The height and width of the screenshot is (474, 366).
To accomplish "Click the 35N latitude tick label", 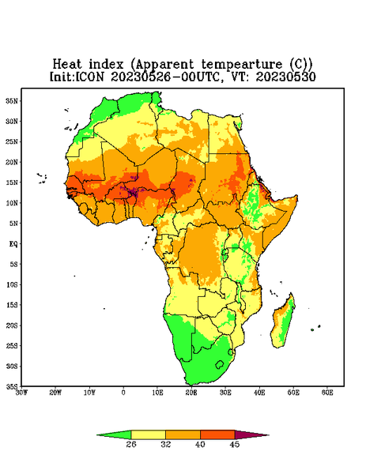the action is [x=12, y=101].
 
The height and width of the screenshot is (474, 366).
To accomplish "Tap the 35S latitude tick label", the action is [x=12, y=386].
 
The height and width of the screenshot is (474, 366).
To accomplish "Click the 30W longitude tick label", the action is [x=21, y=393].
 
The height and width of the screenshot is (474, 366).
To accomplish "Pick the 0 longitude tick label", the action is [x=123, y=393].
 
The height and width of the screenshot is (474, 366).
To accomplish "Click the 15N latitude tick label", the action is [x=12, y=182].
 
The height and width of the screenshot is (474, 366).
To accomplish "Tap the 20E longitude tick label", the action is [x=191, y=393].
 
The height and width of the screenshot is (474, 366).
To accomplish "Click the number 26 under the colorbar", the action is [x=131, y=444].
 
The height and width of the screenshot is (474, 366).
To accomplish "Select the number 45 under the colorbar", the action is [x=235, y=444].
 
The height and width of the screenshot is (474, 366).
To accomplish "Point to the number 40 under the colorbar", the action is [x=200, y=444].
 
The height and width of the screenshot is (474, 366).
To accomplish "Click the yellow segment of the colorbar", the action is [x=148, y=434].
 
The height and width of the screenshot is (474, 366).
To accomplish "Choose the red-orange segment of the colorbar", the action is [x=217, y=434].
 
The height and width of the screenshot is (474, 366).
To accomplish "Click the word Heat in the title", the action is [x=67, y=65].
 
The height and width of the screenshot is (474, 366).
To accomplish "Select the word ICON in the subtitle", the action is [x=89, y=77].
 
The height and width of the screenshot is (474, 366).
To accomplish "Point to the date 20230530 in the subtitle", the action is [x=286, y=77].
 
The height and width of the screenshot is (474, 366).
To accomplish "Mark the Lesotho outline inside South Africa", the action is [x=220, y=365].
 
